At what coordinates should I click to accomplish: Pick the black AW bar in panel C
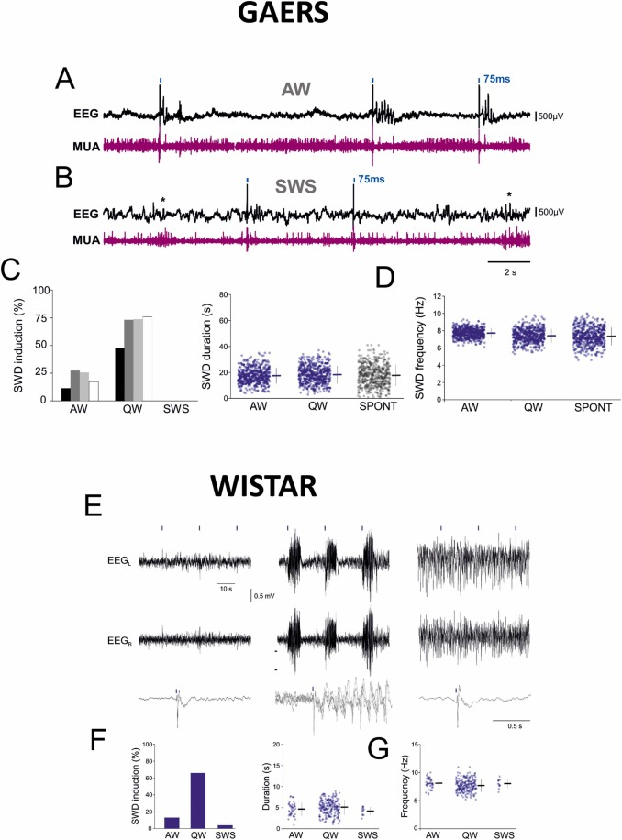tap(66, 393)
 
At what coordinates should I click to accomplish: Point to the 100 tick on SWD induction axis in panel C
tap(41, 290)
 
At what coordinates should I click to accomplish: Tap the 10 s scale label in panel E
tap(224, 587)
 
